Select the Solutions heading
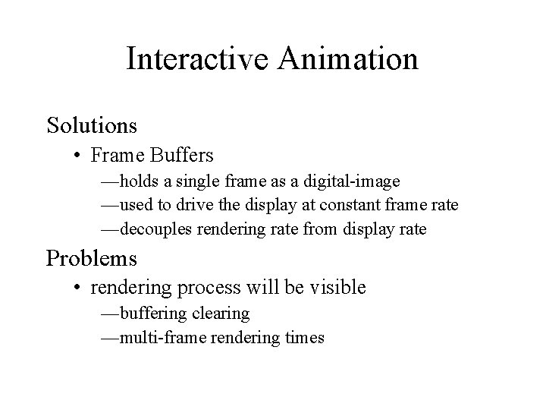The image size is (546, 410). (x=92, y=124)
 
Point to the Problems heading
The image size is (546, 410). (x=92, y=257)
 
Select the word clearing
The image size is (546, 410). (x=221, y=314)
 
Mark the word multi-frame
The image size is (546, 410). (x=157, y=337)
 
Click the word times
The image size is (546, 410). (x=305, y=337)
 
